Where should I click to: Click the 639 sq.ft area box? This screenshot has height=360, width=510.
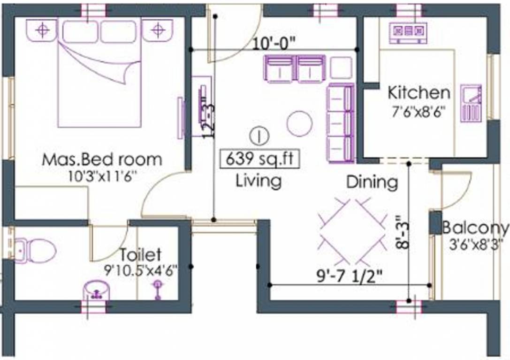pos(259,159)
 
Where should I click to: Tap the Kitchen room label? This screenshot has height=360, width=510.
pos(419,93)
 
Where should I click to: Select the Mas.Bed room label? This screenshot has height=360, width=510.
pos(102,159)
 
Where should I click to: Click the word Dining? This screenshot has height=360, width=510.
pos(372,182)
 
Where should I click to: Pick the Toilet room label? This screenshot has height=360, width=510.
pos(140,255)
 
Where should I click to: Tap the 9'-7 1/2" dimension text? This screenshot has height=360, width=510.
pos(350,277)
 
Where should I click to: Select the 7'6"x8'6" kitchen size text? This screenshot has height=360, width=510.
pos(419,112)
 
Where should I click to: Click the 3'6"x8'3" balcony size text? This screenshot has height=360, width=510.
pos(476,244)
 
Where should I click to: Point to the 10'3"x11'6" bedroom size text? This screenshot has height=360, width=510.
pos(101,176)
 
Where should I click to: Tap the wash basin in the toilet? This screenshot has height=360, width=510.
pos(96,290)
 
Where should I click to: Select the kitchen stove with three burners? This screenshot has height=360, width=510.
pos(409,32)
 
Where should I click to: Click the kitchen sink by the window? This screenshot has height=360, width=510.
pos(471,103)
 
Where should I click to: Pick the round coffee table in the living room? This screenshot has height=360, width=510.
pos(299,123)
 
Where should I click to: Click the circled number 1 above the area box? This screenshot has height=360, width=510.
pos(259,136)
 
